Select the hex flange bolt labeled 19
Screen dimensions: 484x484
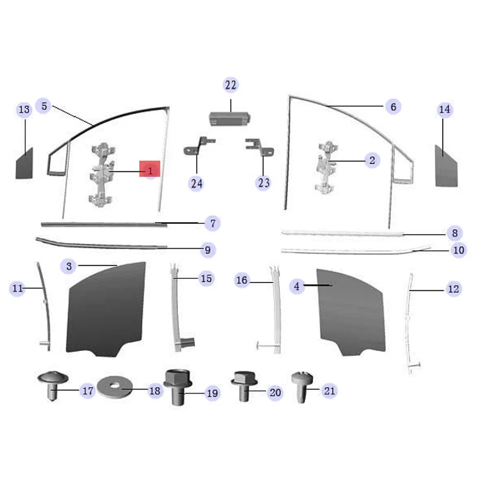176,387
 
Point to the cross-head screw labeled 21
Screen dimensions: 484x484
301,385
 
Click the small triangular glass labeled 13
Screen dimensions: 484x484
24,163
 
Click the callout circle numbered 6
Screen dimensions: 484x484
393,107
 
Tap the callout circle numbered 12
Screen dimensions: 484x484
453,289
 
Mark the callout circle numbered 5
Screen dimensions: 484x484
44,106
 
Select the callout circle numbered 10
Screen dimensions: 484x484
458,249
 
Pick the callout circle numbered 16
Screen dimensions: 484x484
242,281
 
